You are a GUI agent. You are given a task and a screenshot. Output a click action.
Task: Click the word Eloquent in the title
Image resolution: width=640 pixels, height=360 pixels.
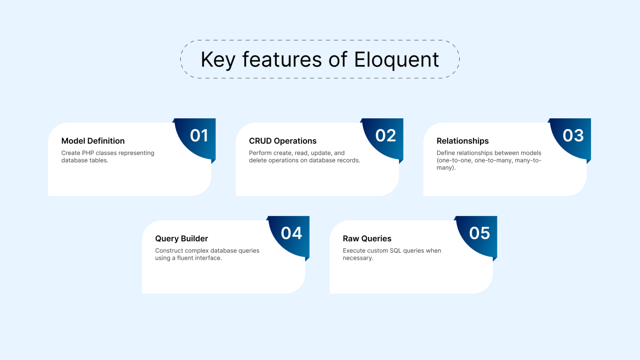coord(396,60)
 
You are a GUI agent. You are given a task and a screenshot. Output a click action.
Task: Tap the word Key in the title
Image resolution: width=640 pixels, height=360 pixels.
coord(218,60)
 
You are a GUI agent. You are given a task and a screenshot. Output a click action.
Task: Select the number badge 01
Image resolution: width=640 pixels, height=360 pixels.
coord(199,136)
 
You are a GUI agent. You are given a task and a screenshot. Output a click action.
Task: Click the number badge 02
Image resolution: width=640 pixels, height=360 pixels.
coord(386,136)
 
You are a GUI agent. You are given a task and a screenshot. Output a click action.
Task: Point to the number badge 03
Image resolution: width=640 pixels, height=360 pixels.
coord(573,136)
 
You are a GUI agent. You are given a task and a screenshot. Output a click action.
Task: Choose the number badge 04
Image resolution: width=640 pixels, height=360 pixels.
coord(292,233)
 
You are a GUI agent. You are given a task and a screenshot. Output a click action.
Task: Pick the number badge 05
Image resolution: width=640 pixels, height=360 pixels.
coord(479,233)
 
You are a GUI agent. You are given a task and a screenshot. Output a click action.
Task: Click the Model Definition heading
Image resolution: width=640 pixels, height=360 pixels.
coord(93,141)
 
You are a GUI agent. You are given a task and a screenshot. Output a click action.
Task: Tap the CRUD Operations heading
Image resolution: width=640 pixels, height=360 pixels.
coord(283,141)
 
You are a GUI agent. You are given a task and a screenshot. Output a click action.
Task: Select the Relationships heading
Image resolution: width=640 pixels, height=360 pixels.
coord(463,141)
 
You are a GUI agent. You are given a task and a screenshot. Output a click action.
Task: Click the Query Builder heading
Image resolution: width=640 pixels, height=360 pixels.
coord(181,239)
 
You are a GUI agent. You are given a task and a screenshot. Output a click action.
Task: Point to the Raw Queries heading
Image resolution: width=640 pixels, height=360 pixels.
coord(367,239)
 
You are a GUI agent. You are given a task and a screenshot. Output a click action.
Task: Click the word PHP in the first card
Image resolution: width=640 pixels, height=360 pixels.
coord(88,153)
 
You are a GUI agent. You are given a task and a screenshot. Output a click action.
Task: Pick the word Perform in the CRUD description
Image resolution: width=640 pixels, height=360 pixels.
coord(260,153)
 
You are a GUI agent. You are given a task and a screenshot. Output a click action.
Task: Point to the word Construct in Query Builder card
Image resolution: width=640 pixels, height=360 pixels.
coord(169,251)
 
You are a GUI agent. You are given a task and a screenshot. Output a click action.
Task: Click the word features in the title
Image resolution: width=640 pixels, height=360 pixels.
coord(282,60)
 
